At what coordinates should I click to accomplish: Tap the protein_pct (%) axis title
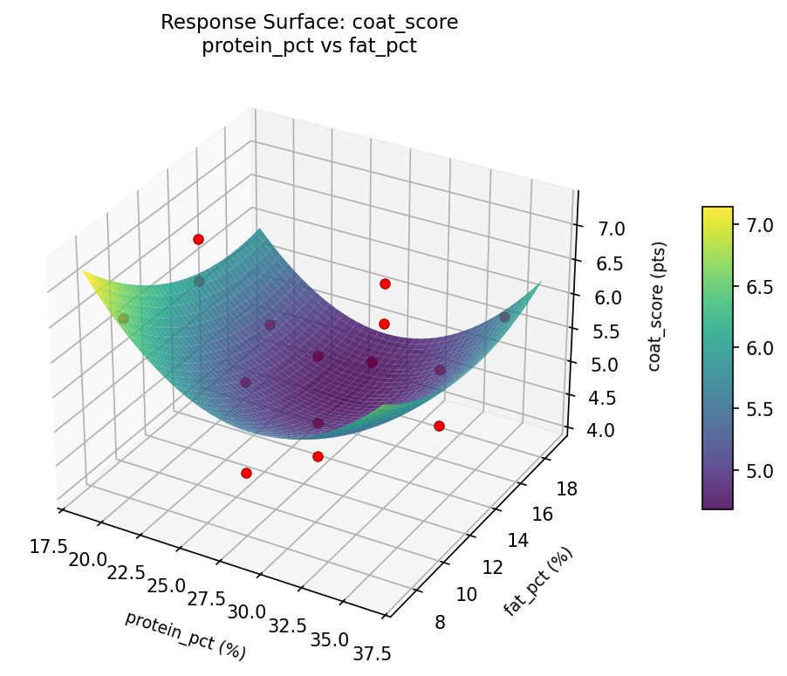185,635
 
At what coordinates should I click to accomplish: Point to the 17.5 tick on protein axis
48,546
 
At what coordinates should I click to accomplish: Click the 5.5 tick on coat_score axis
606,331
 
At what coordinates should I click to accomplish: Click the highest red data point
198,239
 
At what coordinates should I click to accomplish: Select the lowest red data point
246,473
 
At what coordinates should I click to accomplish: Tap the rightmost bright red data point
439,426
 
